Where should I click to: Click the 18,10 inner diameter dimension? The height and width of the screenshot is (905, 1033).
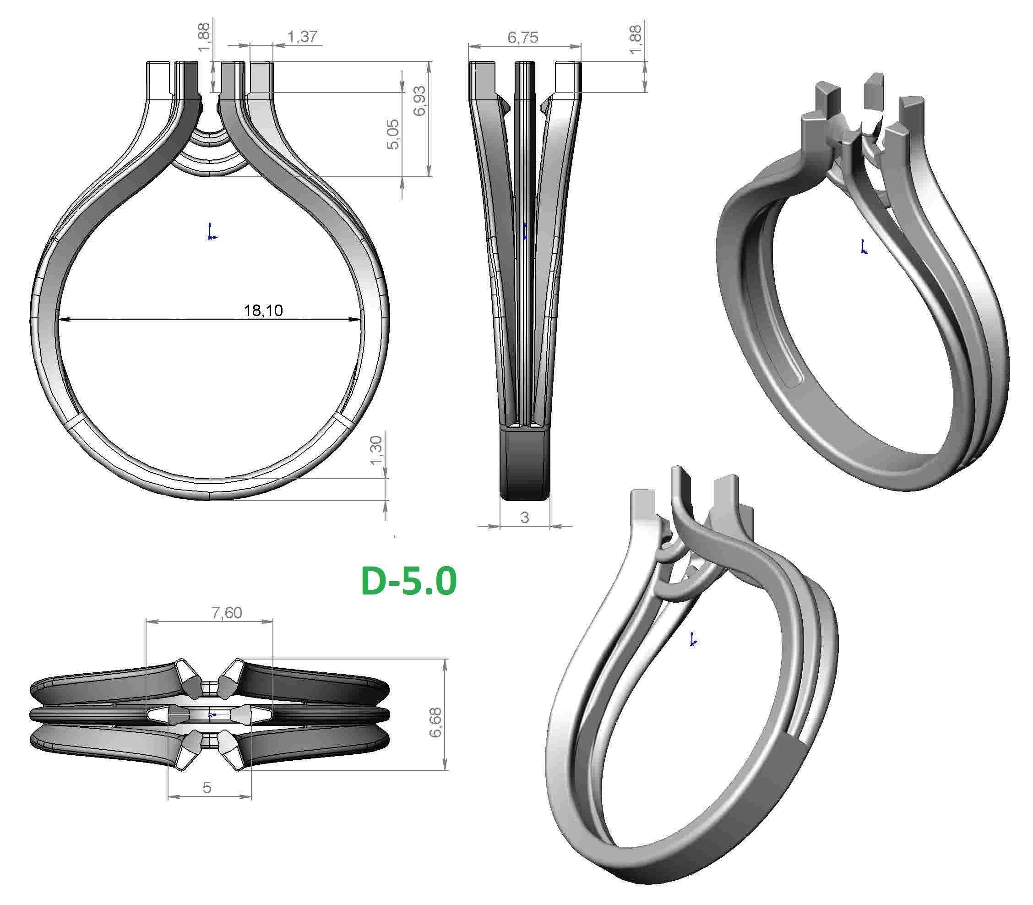pos(263,310)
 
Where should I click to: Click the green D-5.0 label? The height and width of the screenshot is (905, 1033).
pos(408,581)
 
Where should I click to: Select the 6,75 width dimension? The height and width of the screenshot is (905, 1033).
pos(523,38)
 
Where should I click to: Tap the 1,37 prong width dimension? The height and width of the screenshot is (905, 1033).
pos(302,36)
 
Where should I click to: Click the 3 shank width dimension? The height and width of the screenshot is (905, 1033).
pos(525,517)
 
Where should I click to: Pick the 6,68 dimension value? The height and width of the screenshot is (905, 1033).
pos(435,722)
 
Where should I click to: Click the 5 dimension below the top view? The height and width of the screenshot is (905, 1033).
pos(207,787)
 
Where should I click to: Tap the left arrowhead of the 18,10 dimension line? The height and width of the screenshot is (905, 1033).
pos(62,319)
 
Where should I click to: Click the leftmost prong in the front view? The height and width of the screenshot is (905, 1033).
pos(158,78)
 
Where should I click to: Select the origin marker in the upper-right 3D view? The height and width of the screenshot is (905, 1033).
pos(864,247)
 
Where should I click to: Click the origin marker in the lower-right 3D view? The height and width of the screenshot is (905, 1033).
pos(693,640)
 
